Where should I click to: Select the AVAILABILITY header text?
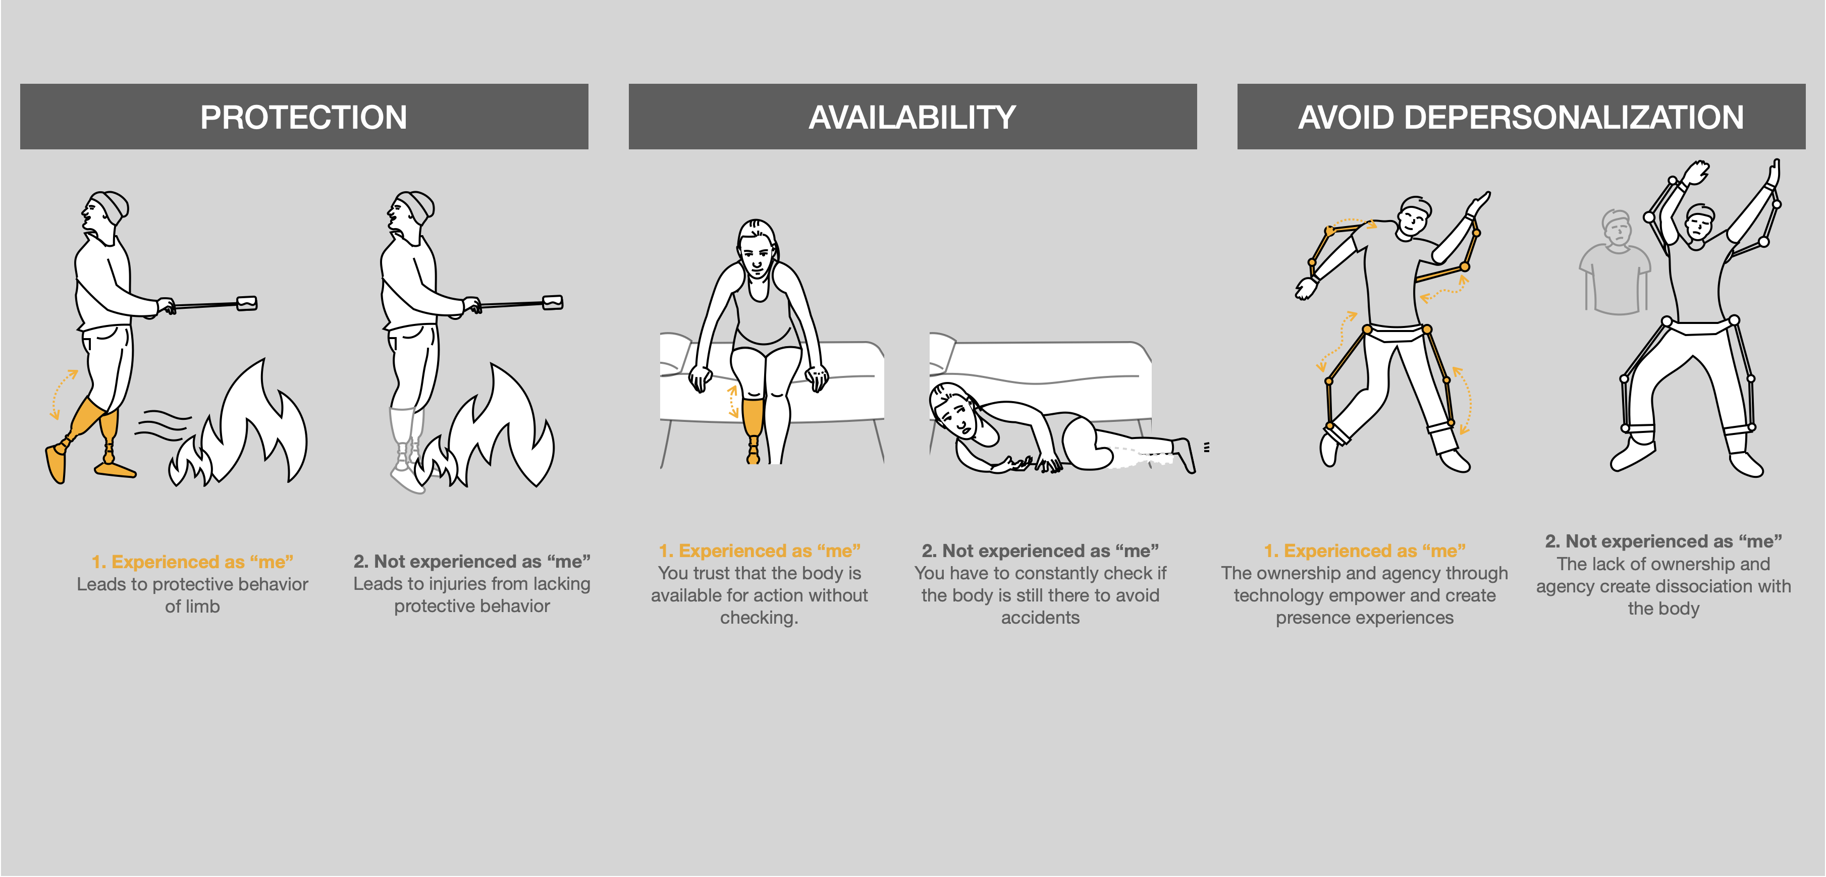(x=912, y=117)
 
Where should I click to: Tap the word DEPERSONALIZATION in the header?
(x=1574, y=117)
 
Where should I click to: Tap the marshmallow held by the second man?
(x=552, y=303)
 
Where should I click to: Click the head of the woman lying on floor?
(x=954, y=411)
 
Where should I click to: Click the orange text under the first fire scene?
(x=192, y=562)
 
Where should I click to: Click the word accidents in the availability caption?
(x=1040, y=618)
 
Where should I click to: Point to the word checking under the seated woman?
(x=759, y=618)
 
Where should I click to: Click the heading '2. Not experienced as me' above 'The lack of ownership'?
(x=1663, y=541)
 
